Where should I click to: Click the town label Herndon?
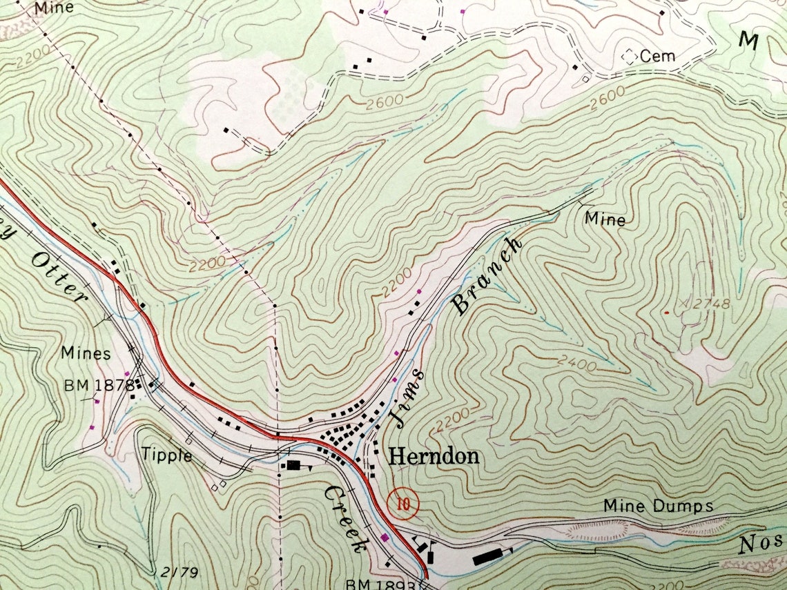tap(434, 456)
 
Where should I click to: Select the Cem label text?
tap(657, 57)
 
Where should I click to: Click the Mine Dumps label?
tap(658, 506)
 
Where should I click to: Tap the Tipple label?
tap(166, 455)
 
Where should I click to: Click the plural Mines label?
tap(86, 353)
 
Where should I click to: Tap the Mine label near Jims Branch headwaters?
tap(605, 219)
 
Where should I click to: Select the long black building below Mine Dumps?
tap(490, 555)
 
